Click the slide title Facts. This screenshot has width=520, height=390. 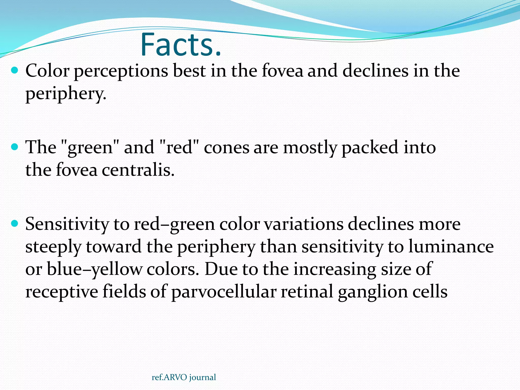181,45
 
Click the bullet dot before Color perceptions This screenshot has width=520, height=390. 15,70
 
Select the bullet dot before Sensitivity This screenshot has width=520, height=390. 15,223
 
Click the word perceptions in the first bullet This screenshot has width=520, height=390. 121,71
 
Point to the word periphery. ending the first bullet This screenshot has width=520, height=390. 66,94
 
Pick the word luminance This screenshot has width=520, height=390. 451,247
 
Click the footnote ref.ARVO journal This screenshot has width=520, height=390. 184,377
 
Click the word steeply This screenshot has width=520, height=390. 53,247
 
